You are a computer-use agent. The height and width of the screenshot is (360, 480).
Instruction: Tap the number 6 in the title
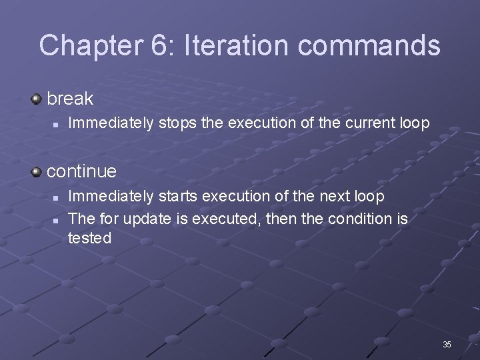click(x=159, y=45)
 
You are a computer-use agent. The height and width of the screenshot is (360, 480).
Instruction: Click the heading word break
click(x=70, y=99)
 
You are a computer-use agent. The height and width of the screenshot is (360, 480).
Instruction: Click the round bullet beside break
click(x=37, y=99)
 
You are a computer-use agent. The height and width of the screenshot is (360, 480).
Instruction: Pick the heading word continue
click(x=81, y=171)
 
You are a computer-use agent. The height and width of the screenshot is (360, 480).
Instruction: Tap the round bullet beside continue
click(x=37, y=172)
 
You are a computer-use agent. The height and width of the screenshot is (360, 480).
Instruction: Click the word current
click(x=363, y=123)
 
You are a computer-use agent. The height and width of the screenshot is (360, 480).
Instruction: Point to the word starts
click(x=179, y=196)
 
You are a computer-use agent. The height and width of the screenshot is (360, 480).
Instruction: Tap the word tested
click(x=89, y=239)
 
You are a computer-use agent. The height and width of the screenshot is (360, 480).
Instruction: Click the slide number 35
click(x=447, y=345)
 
